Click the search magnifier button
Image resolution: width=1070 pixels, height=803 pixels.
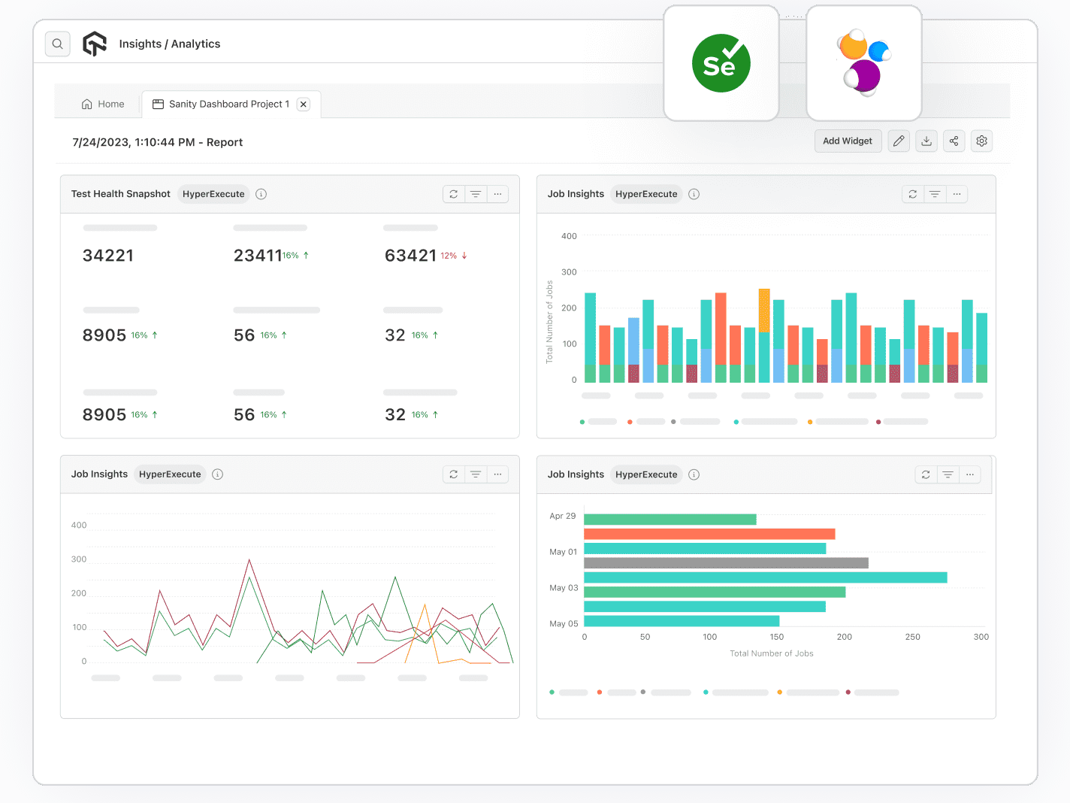58,44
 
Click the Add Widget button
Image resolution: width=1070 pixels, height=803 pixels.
847,141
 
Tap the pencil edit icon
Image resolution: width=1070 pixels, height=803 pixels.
899,141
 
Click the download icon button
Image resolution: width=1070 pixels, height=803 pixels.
926,141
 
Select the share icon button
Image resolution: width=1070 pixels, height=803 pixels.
954,141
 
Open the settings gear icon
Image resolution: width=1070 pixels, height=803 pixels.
981,141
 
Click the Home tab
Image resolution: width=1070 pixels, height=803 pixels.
103,105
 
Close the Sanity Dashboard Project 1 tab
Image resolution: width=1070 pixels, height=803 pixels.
304,105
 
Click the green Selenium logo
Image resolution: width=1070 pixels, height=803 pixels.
721,64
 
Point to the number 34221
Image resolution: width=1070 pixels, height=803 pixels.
108,256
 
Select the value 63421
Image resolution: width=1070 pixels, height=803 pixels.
410,256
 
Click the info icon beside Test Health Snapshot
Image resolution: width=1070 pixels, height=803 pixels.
261,194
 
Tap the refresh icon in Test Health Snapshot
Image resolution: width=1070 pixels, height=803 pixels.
454,194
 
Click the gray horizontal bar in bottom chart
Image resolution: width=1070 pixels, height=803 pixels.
725,563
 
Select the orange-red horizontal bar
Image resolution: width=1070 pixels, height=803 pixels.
709,534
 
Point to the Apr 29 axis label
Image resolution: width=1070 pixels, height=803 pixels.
562,516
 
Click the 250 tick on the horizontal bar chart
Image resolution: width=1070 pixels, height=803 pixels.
912,637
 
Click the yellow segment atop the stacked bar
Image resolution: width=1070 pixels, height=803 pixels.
764,310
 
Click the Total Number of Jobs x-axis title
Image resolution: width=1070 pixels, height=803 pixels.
771,653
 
